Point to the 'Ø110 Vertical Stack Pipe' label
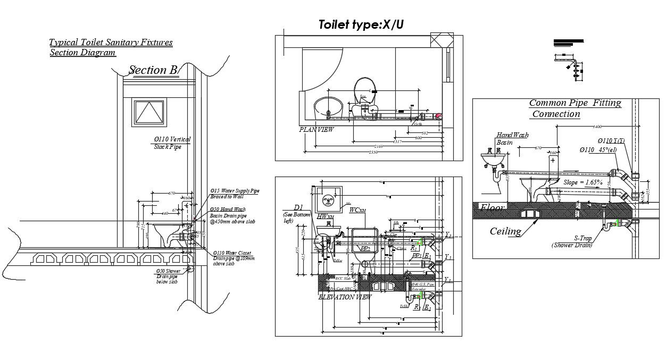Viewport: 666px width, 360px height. tap(172, 143)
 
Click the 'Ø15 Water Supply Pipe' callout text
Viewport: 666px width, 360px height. tap(235, 193)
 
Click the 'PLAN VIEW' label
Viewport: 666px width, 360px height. tap(317, 130)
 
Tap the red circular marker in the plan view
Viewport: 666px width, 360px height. tap(438, 116)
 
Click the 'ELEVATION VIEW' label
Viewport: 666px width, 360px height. tap(345, 297)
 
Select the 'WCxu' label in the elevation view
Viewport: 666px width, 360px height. tap(357, 211)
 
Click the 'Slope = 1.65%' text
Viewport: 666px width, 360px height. tap(582, 182)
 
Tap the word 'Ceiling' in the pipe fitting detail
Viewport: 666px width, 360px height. tap(505, 231)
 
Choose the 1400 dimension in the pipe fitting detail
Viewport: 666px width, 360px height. tap(597, 127)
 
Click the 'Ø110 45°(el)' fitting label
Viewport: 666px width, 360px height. tap(602, 150)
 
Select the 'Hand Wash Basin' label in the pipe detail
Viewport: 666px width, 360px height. tap(512, 139)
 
